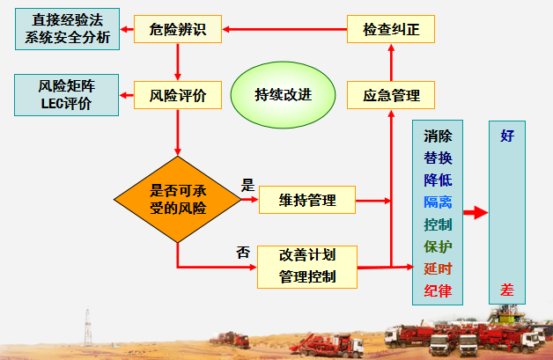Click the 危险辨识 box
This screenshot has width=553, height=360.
click(177, 31)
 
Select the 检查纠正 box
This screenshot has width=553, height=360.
click(391, 31)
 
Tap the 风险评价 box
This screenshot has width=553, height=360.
click(177, 95)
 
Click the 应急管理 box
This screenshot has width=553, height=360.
click(391, 95)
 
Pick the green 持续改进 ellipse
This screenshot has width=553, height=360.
click(283, 95)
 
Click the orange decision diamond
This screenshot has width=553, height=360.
click(177, 199)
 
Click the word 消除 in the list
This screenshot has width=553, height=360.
click(438, 136)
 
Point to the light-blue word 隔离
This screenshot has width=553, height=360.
click(438, 202)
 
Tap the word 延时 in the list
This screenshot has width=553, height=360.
click(438, 268)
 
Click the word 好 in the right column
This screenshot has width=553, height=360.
click(507, 136)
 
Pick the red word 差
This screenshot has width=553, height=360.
click(507, 289)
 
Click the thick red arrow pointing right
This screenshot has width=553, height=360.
click(475, 213)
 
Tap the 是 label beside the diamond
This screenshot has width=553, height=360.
click(247, 187)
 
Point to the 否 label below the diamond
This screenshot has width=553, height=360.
click(243, 252)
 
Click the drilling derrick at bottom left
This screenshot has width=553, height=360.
click(87, 327)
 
